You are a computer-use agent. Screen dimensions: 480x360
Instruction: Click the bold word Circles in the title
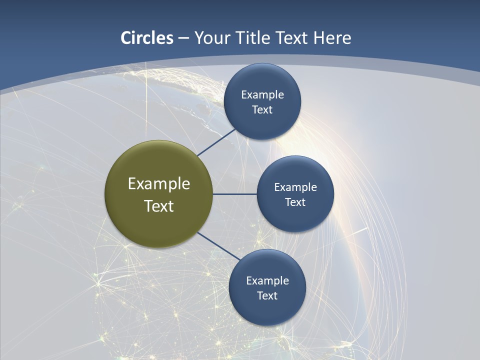(x=147, y=38)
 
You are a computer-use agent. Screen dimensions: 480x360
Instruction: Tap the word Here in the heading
(x=332, y=38)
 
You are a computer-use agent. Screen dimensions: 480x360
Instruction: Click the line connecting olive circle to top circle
(x=216, y=142)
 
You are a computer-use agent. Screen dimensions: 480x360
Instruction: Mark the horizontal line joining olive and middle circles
(x=234, y=194)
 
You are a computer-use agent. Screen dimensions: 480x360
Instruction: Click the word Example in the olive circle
(x=159, y=184)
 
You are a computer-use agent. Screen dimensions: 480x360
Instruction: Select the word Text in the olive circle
(x=159, y=206)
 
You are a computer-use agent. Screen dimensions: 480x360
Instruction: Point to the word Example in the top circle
(x=262, y=95)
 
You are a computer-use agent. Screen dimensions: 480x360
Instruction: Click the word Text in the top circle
(x=262, y=110)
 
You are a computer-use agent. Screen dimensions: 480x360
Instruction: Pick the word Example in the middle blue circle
(x=295, y=187)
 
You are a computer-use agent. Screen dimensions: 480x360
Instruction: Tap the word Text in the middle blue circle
(x=295, y=202)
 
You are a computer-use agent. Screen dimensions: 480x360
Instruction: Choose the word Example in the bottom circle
(x=267, y=281)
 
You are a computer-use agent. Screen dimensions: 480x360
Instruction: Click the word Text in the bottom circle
(x=267, y=296)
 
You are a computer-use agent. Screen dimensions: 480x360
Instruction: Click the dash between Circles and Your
(x=183, y=38)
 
